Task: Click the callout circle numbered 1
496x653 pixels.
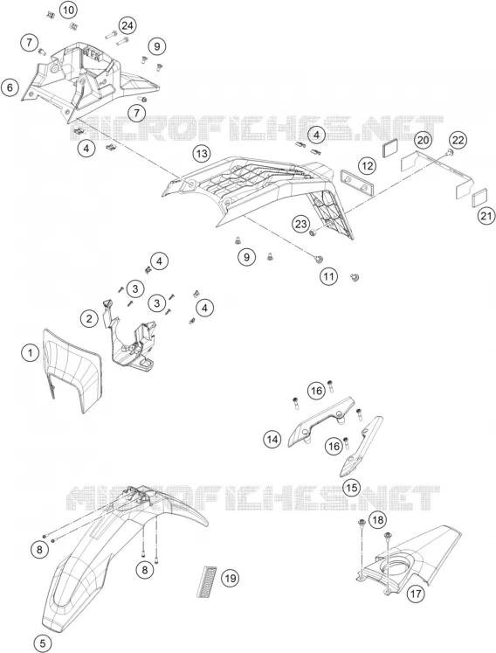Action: point(30,353)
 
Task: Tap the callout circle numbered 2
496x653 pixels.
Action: point(89,319)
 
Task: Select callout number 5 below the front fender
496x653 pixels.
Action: point(43,643)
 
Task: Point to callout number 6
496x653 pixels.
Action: point(10,87)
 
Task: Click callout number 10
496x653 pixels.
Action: point(69,9)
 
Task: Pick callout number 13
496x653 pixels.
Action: point(202,154)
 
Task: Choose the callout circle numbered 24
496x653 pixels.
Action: point(127,26)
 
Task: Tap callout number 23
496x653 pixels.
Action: point(301,225)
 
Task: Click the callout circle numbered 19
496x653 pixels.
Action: point(231,578)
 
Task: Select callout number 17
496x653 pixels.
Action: point(416,594)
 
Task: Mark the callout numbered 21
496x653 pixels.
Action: point(486,216)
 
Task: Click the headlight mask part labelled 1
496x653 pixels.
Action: point(72,371)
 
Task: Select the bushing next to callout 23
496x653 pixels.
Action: point(313,232)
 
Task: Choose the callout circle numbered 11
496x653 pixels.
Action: point(328,276)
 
